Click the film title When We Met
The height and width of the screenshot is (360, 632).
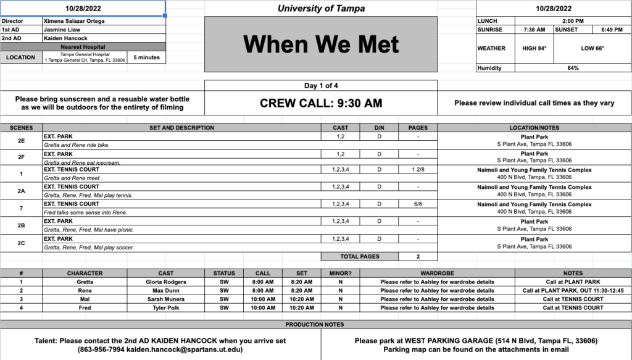coord(320,44)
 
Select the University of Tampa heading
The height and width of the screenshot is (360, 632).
coord(321,9)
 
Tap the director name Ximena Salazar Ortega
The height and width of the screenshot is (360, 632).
coord(74,20)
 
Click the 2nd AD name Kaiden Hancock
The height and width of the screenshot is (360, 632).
coord(65,38)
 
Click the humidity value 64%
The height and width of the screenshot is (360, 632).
coord(573,68)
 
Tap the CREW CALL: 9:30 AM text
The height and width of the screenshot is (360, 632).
coord(321,103)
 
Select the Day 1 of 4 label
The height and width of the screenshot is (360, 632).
coord(321,85)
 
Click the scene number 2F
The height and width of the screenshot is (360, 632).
coord(21,157)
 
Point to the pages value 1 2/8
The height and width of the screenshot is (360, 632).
coord(418,169)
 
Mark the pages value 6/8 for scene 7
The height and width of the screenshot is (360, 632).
coord(418,204)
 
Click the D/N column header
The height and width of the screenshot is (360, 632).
coord(379,128)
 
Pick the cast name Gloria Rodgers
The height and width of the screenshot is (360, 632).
coord(166,282)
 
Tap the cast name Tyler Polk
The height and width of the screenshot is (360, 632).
coord(166,308)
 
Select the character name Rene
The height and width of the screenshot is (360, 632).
coord(85,290)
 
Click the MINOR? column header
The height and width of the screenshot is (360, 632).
coord(340,273)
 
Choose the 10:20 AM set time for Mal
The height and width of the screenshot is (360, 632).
coord(301,299)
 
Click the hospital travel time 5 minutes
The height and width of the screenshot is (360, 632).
coord(146,57)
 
